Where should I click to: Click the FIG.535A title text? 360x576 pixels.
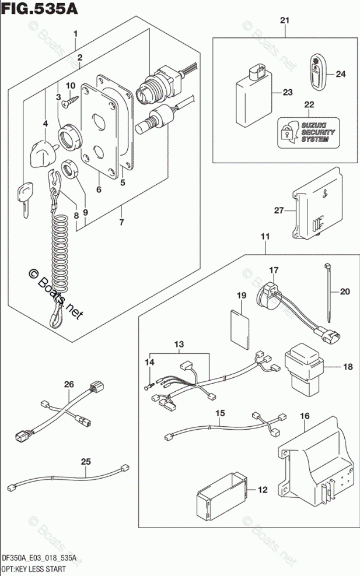[x=40, y=9]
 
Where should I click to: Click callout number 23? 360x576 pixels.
[x=286, y=92]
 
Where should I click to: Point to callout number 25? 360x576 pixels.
[x=86, y=462]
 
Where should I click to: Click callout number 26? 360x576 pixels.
[x=69, y=384]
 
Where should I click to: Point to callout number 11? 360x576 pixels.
[x=265, y=237]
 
